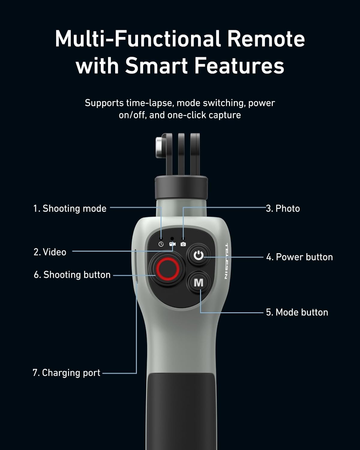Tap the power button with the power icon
pyautogui.click(x=198, y=256)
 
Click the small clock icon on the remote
pyautogui.click(x=161, y=244)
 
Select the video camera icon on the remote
pyautogui.click(x=172, y=244)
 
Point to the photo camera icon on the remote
pyautogui.click(x=183, y=244)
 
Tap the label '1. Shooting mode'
pyautogui.click(x=70, y=208)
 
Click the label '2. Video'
pyautogui.click(x=50, y=252)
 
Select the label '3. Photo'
pyautogui.click(x=283, y=208)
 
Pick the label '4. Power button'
pyautogui.click(x=299, y=257)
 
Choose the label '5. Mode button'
pyautogui.click(x=297, y=312)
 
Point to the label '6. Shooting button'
pyautogui.click(x=72, y=275)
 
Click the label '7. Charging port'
pyautogui.click(x=66, y=373)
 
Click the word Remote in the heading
pyautogui.click(x=265, y=39)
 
